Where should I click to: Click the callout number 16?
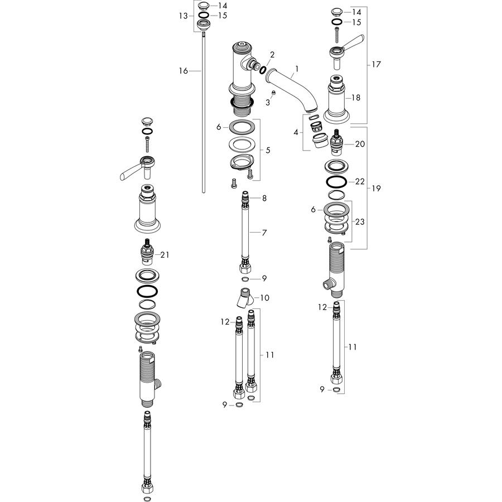[183, 71]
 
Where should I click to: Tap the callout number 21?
[165, 255]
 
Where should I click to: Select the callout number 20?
[360, 144]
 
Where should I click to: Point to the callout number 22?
[360, 181]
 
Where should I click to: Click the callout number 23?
[360, 221]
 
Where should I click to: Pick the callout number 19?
[376, 189]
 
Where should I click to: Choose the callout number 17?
[376, 64]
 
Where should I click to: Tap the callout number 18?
[356, 98]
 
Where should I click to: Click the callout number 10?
[265, 298]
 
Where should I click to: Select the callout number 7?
[264, 233]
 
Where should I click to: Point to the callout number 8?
[264, 198]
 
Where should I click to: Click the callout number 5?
[268, 150]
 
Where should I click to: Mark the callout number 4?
[296, 132]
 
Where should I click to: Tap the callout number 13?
[183, 16]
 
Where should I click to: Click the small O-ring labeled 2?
[263, 70]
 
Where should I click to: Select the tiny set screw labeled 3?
[273, 93]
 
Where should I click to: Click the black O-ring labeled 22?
[336, 181]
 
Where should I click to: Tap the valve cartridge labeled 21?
[148, 252]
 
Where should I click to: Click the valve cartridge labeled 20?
[336, 142]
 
